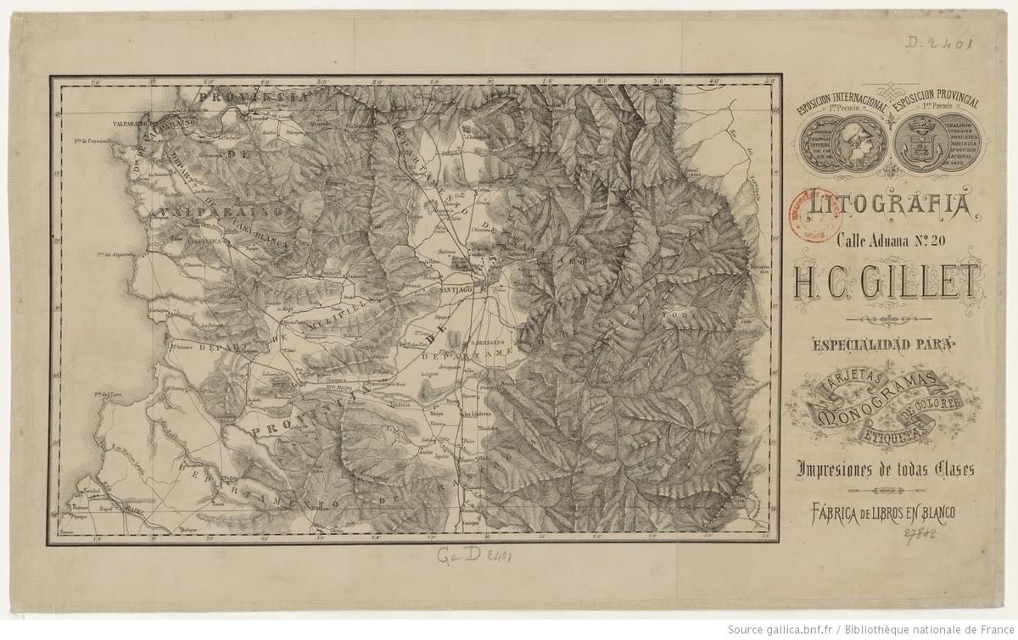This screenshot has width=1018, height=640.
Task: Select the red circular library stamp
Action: coord(809,209)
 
